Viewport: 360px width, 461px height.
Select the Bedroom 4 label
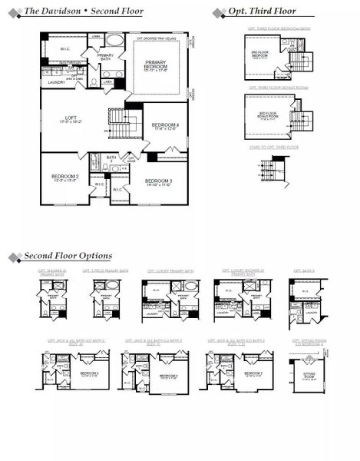[x=165, y=127]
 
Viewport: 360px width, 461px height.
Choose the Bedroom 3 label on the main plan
[x=160, y=182]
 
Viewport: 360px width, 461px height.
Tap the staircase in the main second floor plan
[x=119, y=120]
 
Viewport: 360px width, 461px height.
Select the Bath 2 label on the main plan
[x=111, y=159]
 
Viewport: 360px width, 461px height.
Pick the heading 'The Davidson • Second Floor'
[x=71, y=12]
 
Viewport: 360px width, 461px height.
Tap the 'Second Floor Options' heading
[x=68, y=256]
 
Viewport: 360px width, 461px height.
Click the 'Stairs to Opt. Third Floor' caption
[x=272, y=147]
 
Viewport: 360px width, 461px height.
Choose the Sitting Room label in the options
[x=309, y=376]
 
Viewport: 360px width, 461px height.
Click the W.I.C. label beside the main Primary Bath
[x=66, y=48]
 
